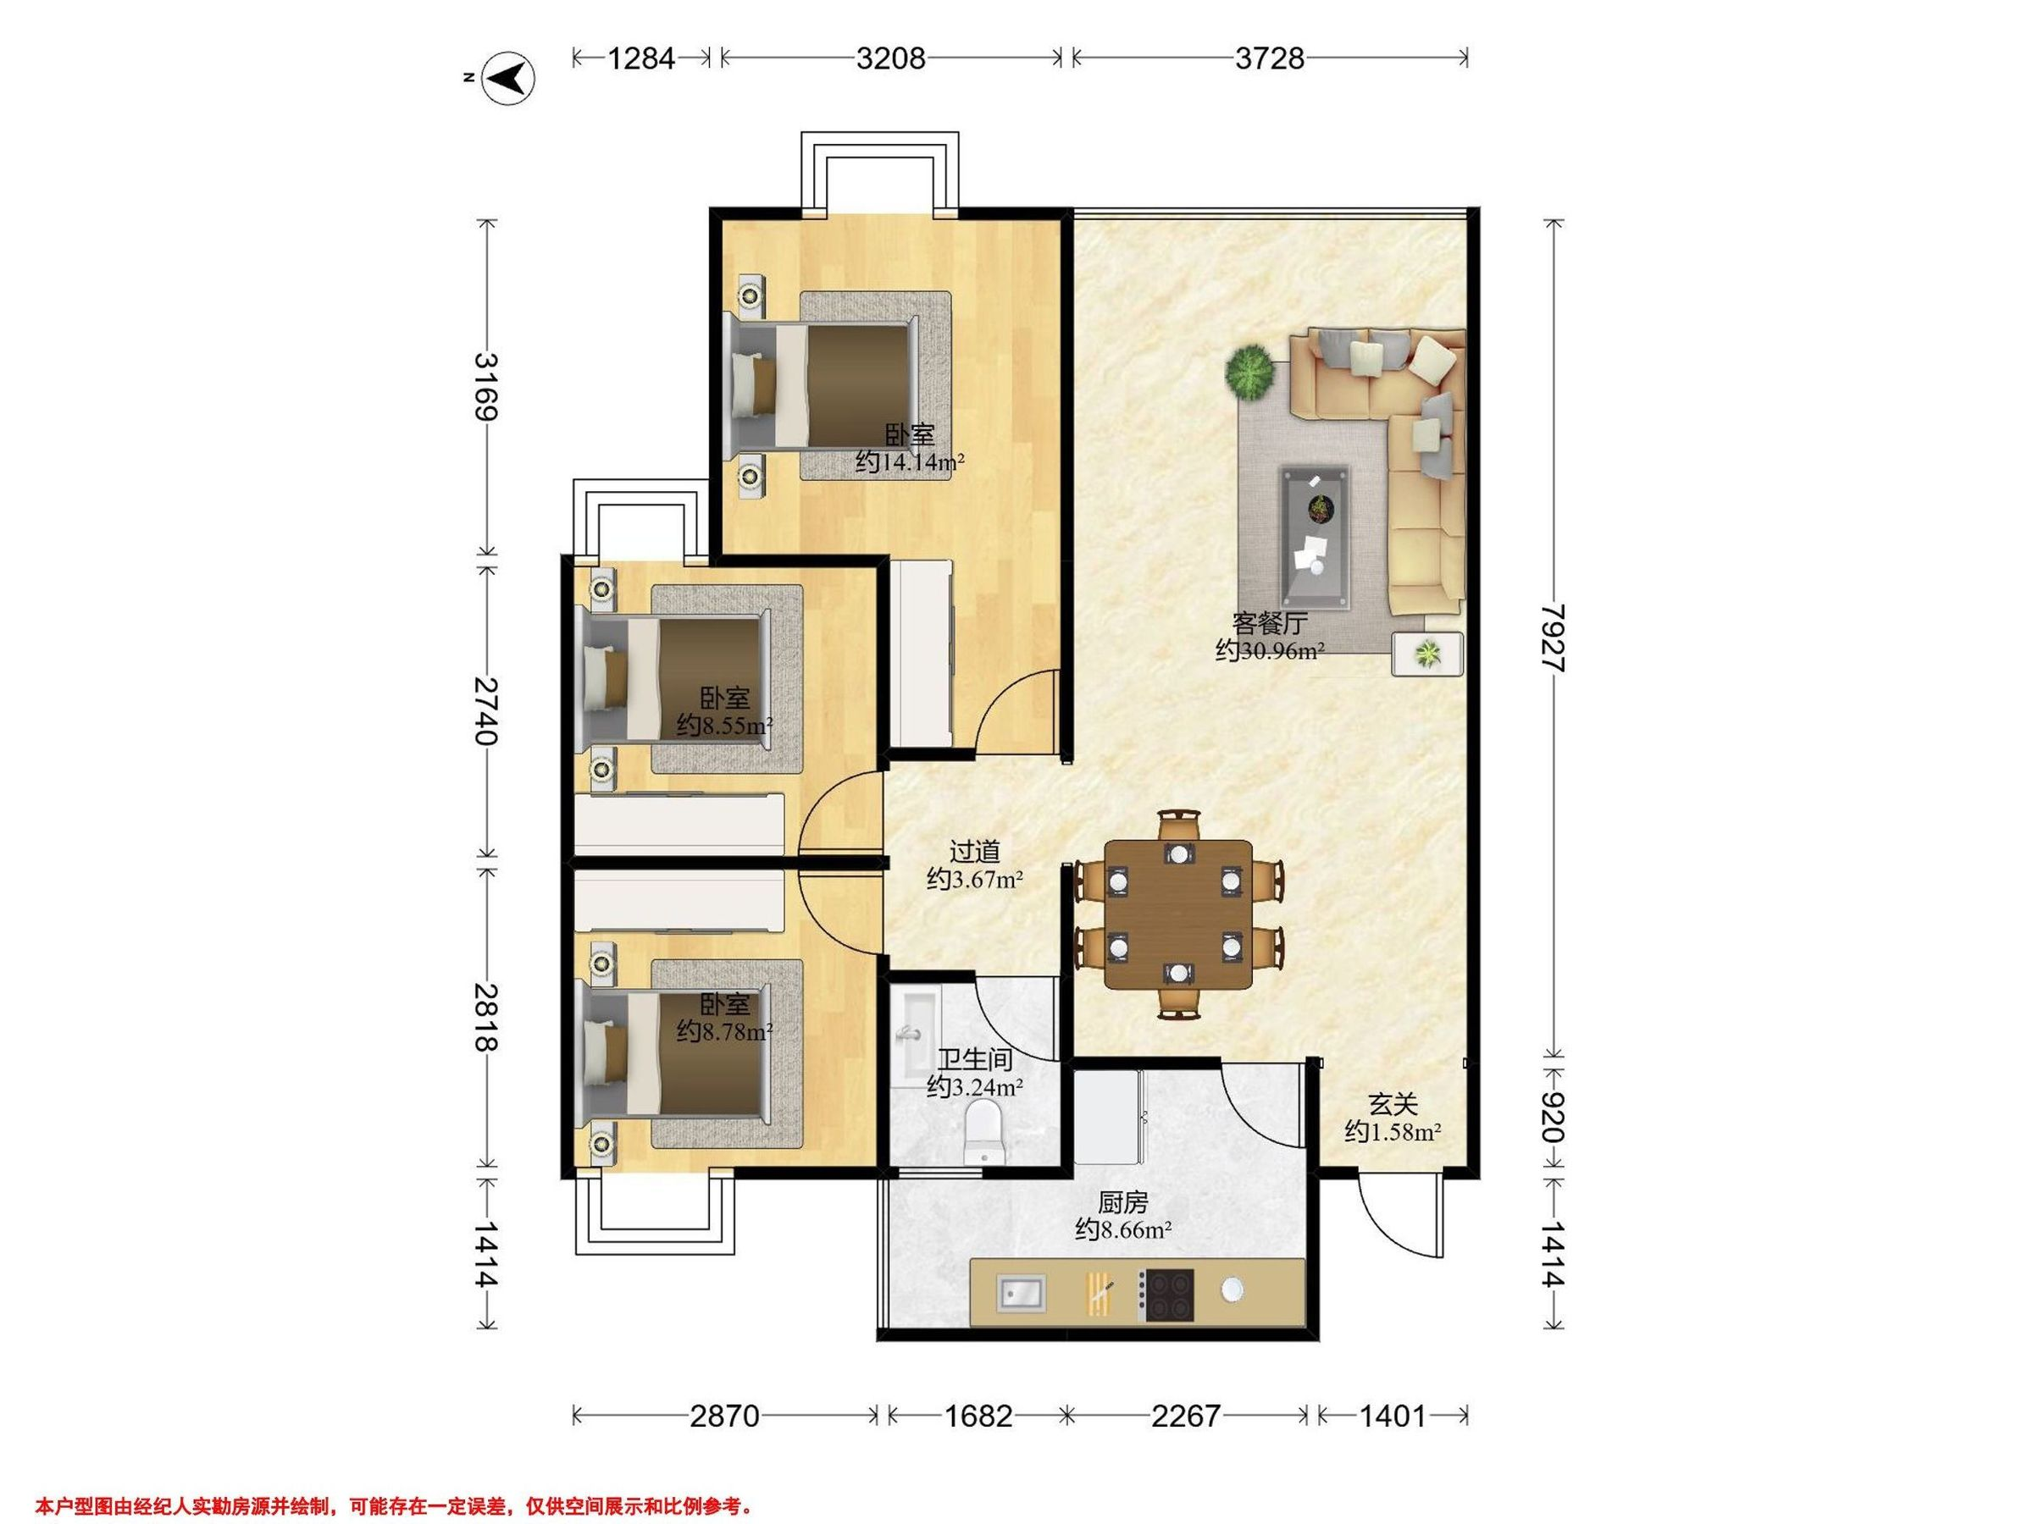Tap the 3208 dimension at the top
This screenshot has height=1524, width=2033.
point(889,58)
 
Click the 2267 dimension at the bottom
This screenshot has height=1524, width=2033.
point(1186,1416)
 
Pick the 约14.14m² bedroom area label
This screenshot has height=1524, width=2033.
point(910,462)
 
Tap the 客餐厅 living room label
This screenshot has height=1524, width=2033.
point(1269,624)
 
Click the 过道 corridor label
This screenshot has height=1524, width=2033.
point(974,853)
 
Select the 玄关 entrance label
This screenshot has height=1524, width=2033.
point(1393,1104)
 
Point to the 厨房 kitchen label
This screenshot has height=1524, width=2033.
point(1123,1201)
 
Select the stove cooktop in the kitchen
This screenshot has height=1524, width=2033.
point(1166,1295)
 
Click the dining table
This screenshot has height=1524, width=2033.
point(1179,914)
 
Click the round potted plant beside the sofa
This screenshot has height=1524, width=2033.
point(1251,372)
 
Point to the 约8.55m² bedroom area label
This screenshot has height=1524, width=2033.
point(724,726)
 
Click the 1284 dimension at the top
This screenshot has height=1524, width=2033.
point(641,58)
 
